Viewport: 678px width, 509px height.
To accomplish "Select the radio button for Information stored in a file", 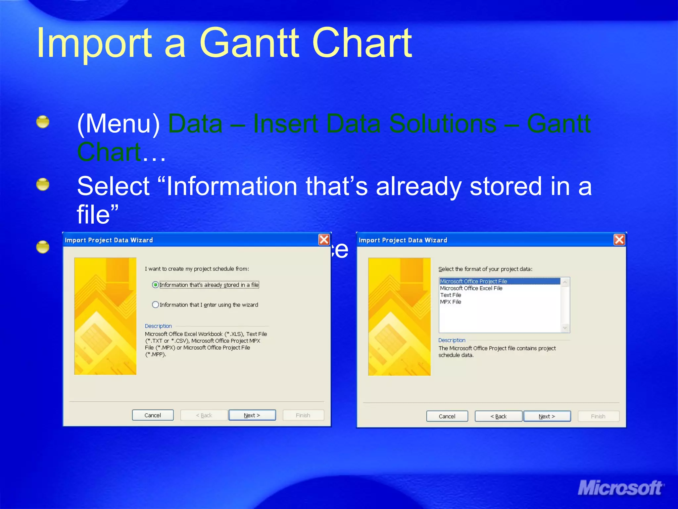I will coord(155,285).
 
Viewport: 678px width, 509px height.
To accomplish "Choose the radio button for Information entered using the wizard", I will coord(155,305).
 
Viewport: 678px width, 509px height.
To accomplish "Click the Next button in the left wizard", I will coord(252,415).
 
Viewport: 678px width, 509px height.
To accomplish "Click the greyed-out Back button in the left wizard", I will coord(204,415).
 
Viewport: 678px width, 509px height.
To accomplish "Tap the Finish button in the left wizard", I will coord(303,415).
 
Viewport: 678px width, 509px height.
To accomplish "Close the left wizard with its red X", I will coord(324,240).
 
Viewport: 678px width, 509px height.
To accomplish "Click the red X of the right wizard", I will coord(619,240).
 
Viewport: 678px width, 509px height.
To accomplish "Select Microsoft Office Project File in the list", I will coord(473,281).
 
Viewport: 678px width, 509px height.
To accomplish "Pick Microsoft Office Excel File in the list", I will coord(471,288).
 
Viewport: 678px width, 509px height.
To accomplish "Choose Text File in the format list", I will coord(451,295).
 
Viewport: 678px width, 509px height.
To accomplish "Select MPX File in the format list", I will coord(451,302).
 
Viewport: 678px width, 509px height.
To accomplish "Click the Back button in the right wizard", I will coord(499,416).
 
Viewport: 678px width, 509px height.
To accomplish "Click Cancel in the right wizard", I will coord(447,416).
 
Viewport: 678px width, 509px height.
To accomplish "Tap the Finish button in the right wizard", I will coord(598,416).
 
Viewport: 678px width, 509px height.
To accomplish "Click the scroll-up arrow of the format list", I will coord(565,282).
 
